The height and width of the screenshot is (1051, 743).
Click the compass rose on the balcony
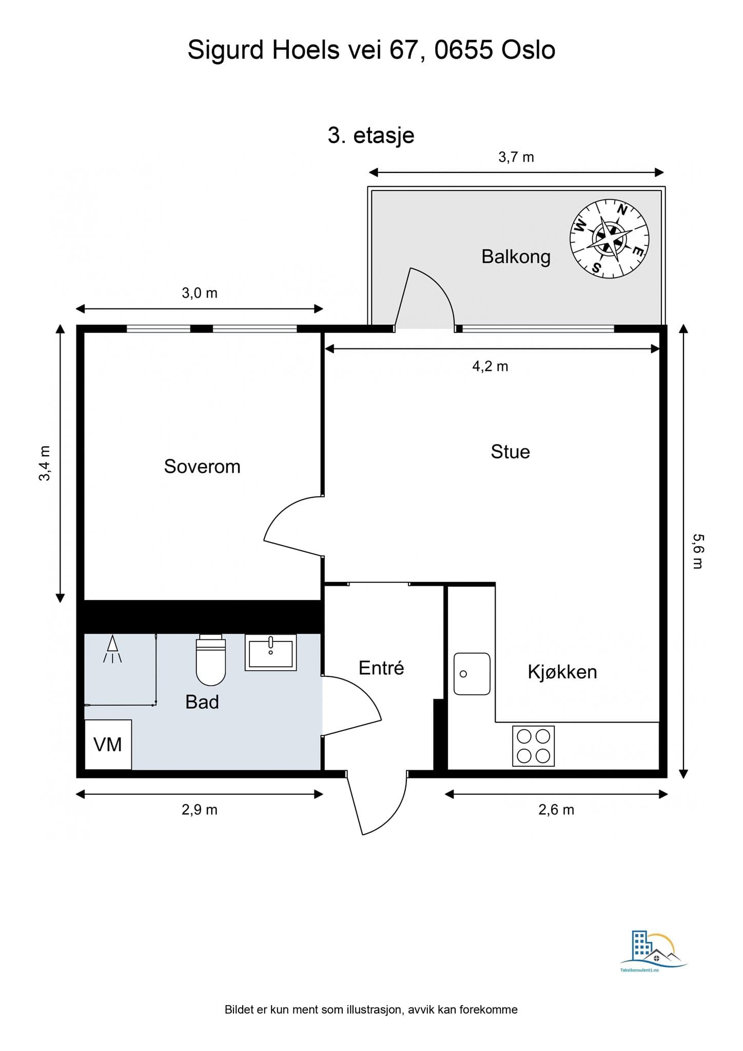[610, 239]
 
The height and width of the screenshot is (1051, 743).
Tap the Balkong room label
[516, 257]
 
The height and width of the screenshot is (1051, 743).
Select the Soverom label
[202, 466]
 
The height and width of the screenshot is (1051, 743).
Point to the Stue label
[510, 452]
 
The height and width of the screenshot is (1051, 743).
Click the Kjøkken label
[562, 672]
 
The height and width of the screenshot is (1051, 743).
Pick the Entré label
[381, 668]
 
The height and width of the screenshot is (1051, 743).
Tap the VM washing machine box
[108, 745]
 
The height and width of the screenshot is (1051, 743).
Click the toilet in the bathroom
[211, 660]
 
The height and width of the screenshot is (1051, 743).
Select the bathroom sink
[271, 653]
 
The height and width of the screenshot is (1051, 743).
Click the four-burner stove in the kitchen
[533, 746]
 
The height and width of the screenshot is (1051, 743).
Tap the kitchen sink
[472, 674]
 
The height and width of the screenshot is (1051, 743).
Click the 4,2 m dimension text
[490, 366]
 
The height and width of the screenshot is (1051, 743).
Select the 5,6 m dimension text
[698, 551]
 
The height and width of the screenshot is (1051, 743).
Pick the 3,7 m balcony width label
[516, 157]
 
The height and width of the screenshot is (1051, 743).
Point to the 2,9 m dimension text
[200, 810]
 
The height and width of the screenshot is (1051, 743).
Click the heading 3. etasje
[371, 135]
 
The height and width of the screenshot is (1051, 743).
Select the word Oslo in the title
[528, 50]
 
